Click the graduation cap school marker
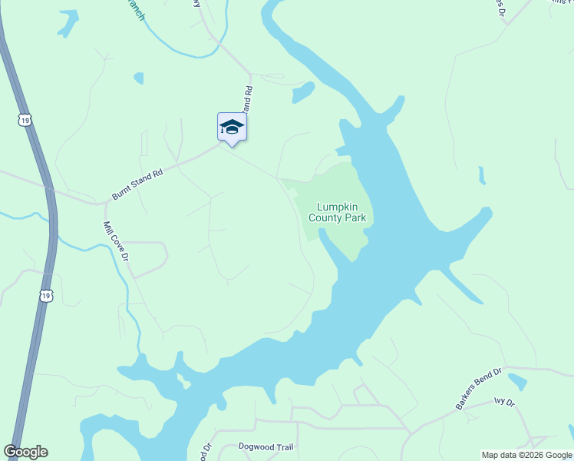(232, 128)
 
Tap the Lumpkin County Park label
(337, 212)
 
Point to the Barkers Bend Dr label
(478, 390)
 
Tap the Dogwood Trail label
(256, 447)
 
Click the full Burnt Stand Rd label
(137, 185)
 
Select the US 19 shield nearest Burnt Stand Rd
(26, 120)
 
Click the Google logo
(25, 452)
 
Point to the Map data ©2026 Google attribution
(526, 455)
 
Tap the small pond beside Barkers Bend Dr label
(518, 381)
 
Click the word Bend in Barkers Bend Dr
(480, 389)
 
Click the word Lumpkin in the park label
(337, 206)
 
